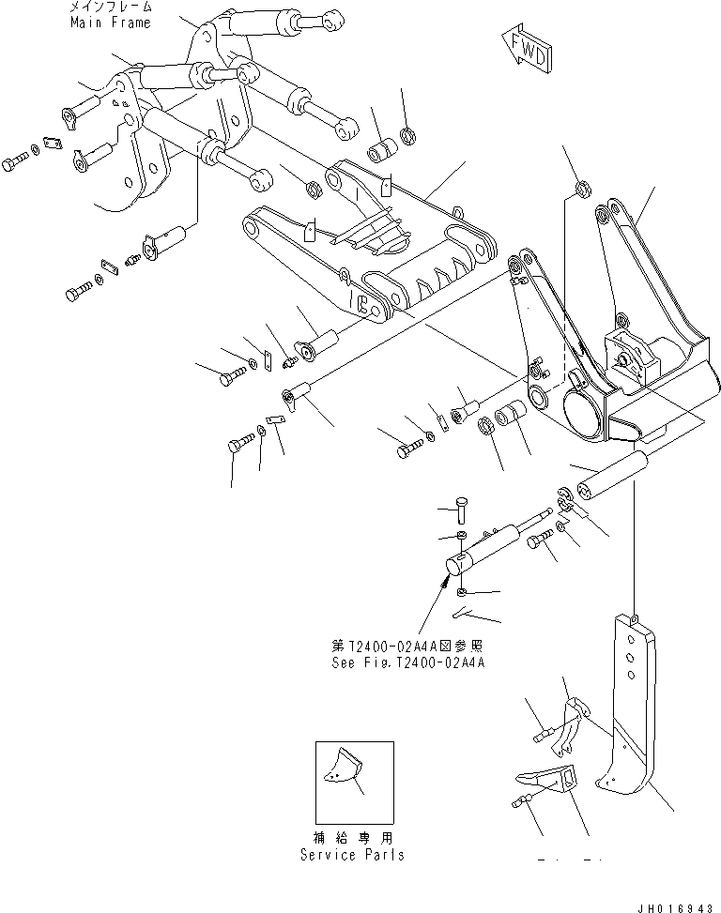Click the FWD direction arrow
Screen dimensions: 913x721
pyautogui.click(x=527, y=51)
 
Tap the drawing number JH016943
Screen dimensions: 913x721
pyautogui.click(x=674, y=904)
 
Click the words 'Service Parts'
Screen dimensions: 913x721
pyautogui.click(x=353, y=855)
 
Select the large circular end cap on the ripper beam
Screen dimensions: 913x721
pyautogui.click(x=585, y=412)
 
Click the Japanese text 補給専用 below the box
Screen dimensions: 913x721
pyautogui.click(x=353, y=837)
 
